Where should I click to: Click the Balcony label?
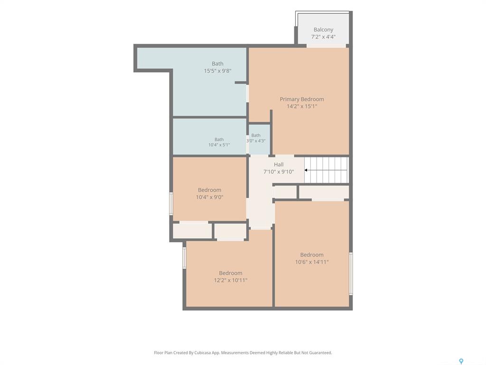click(x=323, y=29)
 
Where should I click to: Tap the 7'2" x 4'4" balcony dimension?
click(x=323, y=37)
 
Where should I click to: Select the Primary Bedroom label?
click(x=302, y=99)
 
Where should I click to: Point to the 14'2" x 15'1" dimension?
click(x=302, y=106)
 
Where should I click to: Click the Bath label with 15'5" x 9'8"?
click(x=217, y=64)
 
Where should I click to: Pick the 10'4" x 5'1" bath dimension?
click(x=219, y=145)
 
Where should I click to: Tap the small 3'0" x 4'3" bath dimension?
click(x=256, y=141)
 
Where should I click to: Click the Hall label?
click(x=279, y=164)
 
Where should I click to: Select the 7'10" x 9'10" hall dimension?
click(x=279, y=172)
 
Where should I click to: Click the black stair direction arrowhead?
click(x=306, y=170)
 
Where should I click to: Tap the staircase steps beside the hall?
click(x=327, y=170)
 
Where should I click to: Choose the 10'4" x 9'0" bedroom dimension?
click(x=209, y=197)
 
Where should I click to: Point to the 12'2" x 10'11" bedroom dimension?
click(x=231, y=280)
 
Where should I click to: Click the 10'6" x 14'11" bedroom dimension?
click(x=312, y=262)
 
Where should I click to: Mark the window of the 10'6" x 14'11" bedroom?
click(x=351, y=273)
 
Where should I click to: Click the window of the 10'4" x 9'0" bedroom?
click(x=171, y=203)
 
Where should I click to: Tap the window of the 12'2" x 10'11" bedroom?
click(x=184, y=258)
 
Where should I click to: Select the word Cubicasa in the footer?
click(x=203, y=353)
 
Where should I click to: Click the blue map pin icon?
click(x=461, y=361)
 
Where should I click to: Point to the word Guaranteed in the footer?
click(x=321, y=353)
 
